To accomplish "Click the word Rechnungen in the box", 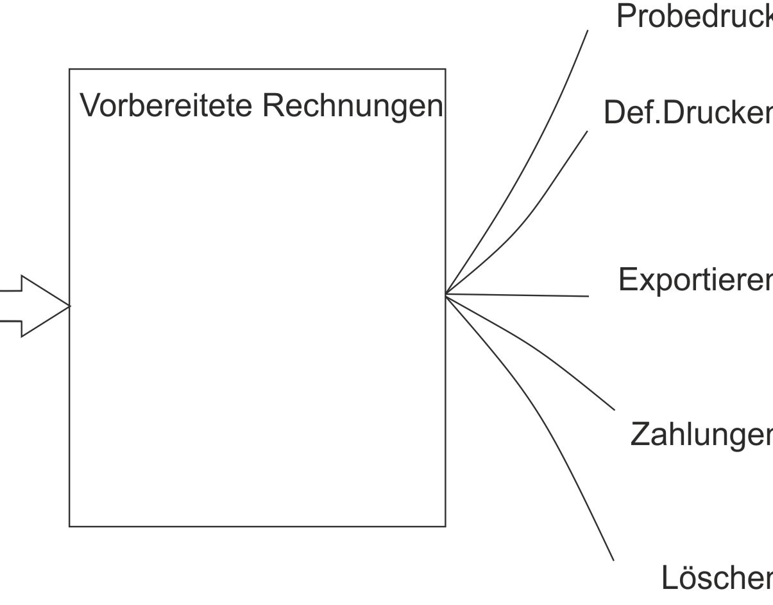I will click(352, 106).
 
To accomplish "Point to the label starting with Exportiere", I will click(695, 279).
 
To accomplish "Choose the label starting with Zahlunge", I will click(701, 434).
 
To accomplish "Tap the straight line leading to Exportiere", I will click(520, 295).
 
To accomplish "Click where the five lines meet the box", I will click(446, 294).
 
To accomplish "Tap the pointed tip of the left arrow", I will click(69, 306).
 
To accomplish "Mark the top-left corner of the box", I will click(69, 69).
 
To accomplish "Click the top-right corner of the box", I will click(445, 69).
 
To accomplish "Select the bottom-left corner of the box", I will click(69, 527).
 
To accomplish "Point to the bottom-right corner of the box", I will click(445, 527).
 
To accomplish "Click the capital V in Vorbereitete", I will click(88, 106).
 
